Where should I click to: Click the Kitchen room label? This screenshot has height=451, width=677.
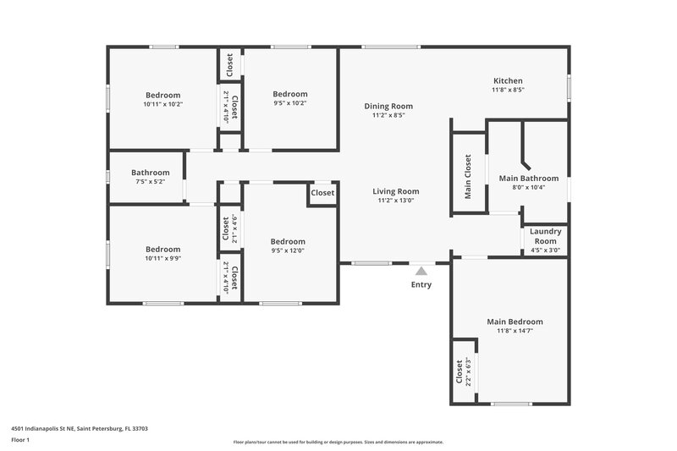pyautogui.click(x=508, y=81)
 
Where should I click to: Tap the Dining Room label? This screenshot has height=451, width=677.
pyautogui.click(x=388, y=106)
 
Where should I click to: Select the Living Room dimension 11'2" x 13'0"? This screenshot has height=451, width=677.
pyautogui.click(x=396, y=201)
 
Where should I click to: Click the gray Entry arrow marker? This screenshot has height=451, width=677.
pyautogui.click(x=421, y=271)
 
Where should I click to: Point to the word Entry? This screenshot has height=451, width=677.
pyautogui.click(x=421, y=284)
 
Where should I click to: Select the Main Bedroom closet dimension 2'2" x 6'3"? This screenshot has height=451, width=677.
pyautogui.click(x=468, y=370)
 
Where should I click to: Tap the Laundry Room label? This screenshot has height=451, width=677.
pyautogui.click(x=545, y=236)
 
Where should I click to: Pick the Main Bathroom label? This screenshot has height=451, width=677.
pyautogui.click(x=528, y=179)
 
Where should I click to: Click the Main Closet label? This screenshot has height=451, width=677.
pyautogui.click(x=467, y=177)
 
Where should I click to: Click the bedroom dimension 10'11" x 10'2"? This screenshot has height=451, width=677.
pyautogui.click(x=163, y=104)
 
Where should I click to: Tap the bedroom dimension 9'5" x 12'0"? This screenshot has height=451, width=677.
pyautogui.click(x=288, y=250)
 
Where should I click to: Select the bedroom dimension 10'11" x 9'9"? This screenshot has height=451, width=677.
pyautogui.click(x=162, y=259)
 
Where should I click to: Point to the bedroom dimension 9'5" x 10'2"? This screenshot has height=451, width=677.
pyautogui.click(x=289, y=103)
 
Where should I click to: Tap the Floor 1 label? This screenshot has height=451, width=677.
pyautogui.click(x=21, y=440)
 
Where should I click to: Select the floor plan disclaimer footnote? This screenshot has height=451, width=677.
pyautogui.click(x=338, y=442)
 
